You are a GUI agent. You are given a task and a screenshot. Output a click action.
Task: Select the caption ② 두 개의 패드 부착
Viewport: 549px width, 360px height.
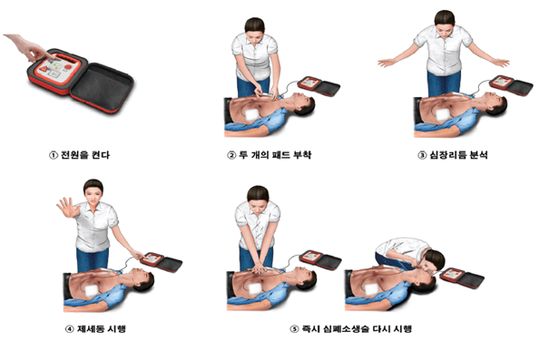(274, 153)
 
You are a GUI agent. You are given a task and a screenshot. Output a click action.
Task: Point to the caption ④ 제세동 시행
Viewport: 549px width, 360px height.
(95, 327)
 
